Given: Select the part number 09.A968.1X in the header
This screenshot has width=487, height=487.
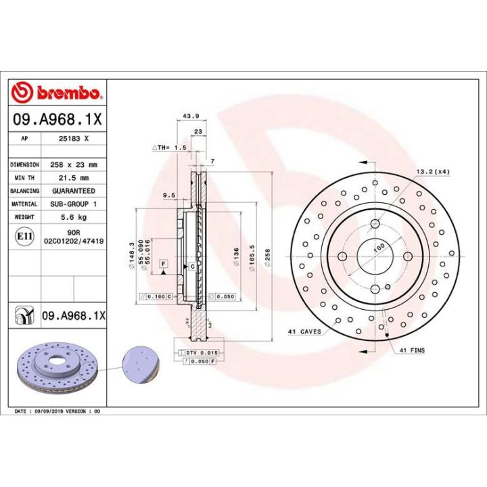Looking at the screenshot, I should point(57,120).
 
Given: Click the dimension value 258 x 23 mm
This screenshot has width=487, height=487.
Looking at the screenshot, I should point(74,164).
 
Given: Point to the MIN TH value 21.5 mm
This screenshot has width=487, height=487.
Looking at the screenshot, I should point(74,177).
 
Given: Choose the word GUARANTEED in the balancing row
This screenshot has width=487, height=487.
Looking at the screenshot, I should point(74,191).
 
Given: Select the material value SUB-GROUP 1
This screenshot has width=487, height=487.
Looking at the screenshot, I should point(74,204).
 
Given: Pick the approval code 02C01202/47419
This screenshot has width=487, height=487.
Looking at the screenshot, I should point(74,239).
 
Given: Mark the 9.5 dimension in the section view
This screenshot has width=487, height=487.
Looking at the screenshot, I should point(169,195).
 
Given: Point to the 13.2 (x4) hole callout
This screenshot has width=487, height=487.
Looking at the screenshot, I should point(433,172).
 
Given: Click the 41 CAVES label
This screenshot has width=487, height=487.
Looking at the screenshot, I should point(304,331).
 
